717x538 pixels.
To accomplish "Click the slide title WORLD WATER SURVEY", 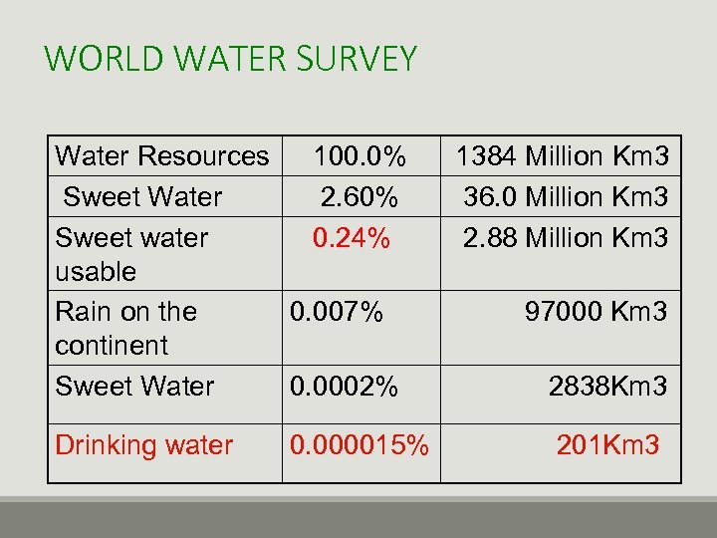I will (x=230, y=59).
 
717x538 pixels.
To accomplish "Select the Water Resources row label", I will (x=162, y=156).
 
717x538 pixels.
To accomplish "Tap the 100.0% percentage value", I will (x=359, y=156).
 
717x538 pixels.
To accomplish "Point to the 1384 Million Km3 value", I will (x=562, y=156).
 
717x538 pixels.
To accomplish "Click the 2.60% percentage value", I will (x=359, y=197).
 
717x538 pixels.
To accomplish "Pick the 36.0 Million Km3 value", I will (x=566, y=197).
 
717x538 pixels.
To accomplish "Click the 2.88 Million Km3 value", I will (x=566, y=238).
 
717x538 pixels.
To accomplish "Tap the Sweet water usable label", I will (x=131, y=254).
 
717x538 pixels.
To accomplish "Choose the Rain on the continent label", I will (x=126, y=328).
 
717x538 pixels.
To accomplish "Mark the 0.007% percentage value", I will (x=336, y=312).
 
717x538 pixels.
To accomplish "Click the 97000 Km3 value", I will (x=597, y=312).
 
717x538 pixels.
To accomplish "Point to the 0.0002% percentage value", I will (x=343, y=387).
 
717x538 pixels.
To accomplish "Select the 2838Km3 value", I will (x=607, y=387).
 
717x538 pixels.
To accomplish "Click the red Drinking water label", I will (x=144, y=445).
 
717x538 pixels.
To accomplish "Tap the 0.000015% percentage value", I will (x=359, y=445).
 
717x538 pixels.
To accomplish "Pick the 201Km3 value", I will (x=607, y=445).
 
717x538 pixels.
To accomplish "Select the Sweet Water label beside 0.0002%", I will (x=134, y=387).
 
